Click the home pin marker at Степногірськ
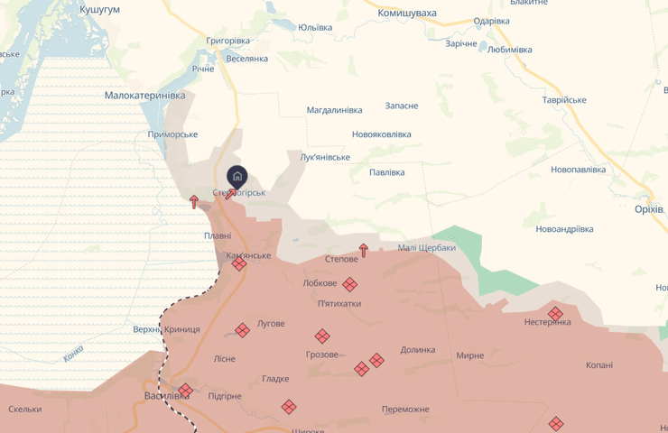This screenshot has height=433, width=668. (237, 176)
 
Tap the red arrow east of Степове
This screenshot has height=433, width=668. (364, 250)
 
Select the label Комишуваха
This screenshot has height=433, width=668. (407, 14)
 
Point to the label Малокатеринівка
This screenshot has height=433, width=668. (144, 95)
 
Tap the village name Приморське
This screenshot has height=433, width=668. (172, 134)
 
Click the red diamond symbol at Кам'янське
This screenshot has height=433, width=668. (238, 264)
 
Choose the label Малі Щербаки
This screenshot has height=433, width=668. (426, 248)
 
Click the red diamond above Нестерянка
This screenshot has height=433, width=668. (556, 313)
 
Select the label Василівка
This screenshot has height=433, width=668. (167, 396)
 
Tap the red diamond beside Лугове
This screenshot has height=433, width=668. (242, 330)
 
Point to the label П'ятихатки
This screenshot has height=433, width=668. (339, 304)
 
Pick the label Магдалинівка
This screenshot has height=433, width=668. (334, 110)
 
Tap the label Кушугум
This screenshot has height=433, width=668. (99, 9)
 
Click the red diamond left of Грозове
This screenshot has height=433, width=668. (322, 336)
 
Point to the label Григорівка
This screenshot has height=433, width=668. (228, 41)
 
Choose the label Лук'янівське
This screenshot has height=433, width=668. (325, 157)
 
